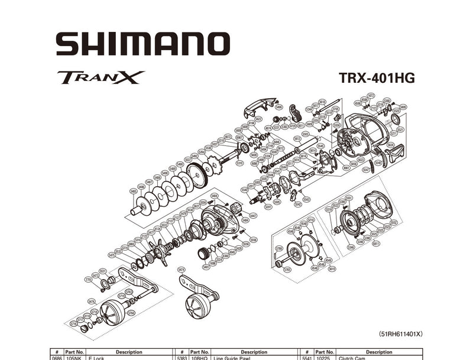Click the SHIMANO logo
[142, 44]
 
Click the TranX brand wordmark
[101, 77]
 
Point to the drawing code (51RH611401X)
[400, 333]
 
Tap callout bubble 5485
[134, 192]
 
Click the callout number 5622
[258, 119]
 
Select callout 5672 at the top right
[371, 95]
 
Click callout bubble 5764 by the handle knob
[132, 313]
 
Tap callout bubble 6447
[253, 216]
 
